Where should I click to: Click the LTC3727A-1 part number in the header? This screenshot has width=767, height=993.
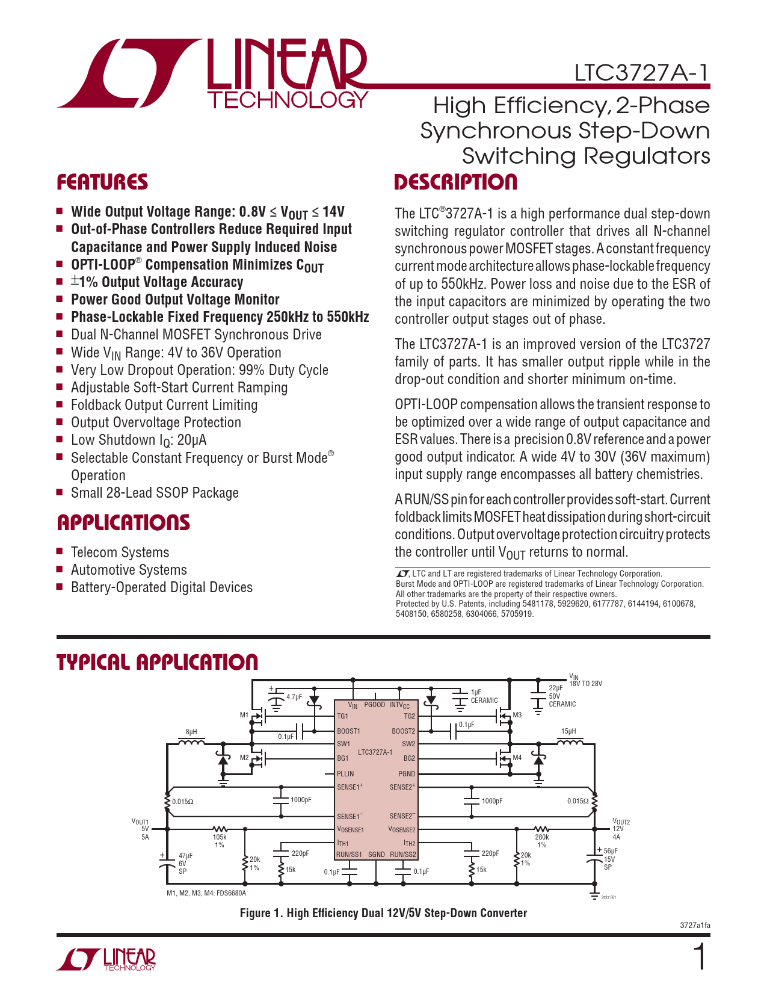tap(641, 72)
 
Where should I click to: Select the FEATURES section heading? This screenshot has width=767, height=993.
tap(102, 182)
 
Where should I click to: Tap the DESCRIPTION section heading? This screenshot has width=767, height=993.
tap(455, 182)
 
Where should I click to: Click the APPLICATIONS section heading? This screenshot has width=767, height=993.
tap(123, 522)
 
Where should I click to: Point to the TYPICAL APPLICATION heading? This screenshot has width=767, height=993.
tap(157, 662)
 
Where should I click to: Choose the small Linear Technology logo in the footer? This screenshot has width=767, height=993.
tap(106, 959)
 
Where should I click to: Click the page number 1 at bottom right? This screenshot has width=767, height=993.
tap(700, 957)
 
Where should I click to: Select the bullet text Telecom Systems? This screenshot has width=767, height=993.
tap(120, 552)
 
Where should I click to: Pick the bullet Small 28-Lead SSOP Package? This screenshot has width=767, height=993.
tap(155, 493)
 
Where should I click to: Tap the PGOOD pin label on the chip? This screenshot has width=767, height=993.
tap(374, 705)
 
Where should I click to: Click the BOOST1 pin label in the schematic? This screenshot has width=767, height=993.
tap(348, 731)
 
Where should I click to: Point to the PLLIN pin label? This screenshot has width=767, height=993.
tap(345, 774)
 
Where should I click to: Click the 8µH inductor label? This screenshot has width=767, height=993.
tap(191, 732)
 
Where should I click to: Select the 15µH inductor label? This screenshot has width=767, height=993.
tap(568, 732)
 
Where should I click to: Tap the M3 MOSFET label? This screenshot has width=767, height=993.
tap(517, 715)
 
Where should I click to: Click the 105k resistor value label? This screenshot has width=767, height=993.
tap(220, 837)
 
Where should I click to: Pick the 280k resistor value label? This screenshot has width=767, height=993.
tap(541, 837)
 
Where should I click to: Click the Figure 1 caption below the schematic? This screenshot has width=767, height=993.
tap(383, 913)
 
